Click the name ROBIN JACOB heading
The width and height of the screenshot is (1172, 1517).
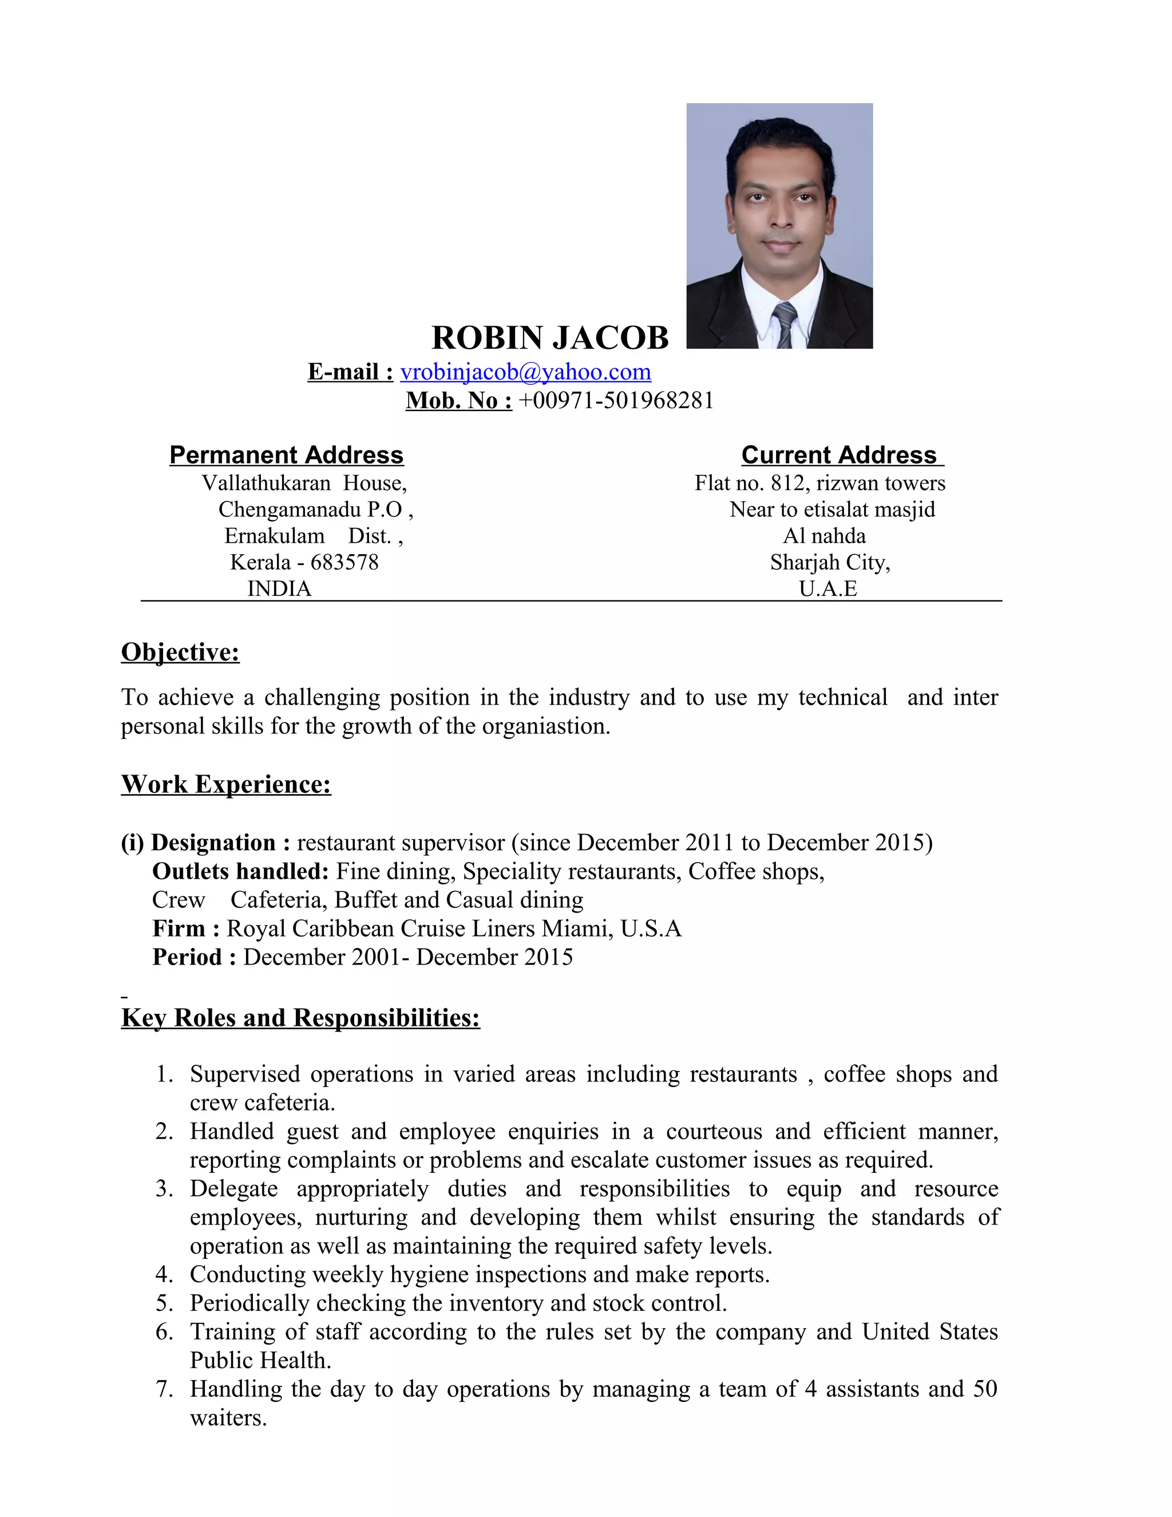point(549,338)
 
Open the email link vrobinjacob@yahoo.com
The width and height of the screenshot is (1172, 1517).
point(525,372)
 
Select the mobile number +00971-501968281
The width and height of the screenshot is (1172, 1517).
point(616,401)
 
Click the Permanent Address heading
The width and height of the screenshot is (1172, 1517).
point(286,455)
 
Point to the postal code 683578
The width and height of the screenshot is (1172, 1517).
point(345,562)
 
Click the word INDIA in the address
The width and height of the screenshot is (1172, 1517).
point(279,589)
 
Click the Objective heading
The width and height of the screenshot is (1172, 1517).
point(180,652)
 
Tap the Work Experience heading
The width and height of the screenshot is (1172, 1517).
point(225,784)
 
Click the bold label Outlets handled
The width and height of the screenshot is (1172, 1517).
point(240,871)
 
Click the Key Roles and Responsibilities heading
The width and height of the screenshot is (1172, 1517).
point(300,1018)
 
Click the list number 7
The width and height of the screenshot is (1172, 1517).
point(164,1389)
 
